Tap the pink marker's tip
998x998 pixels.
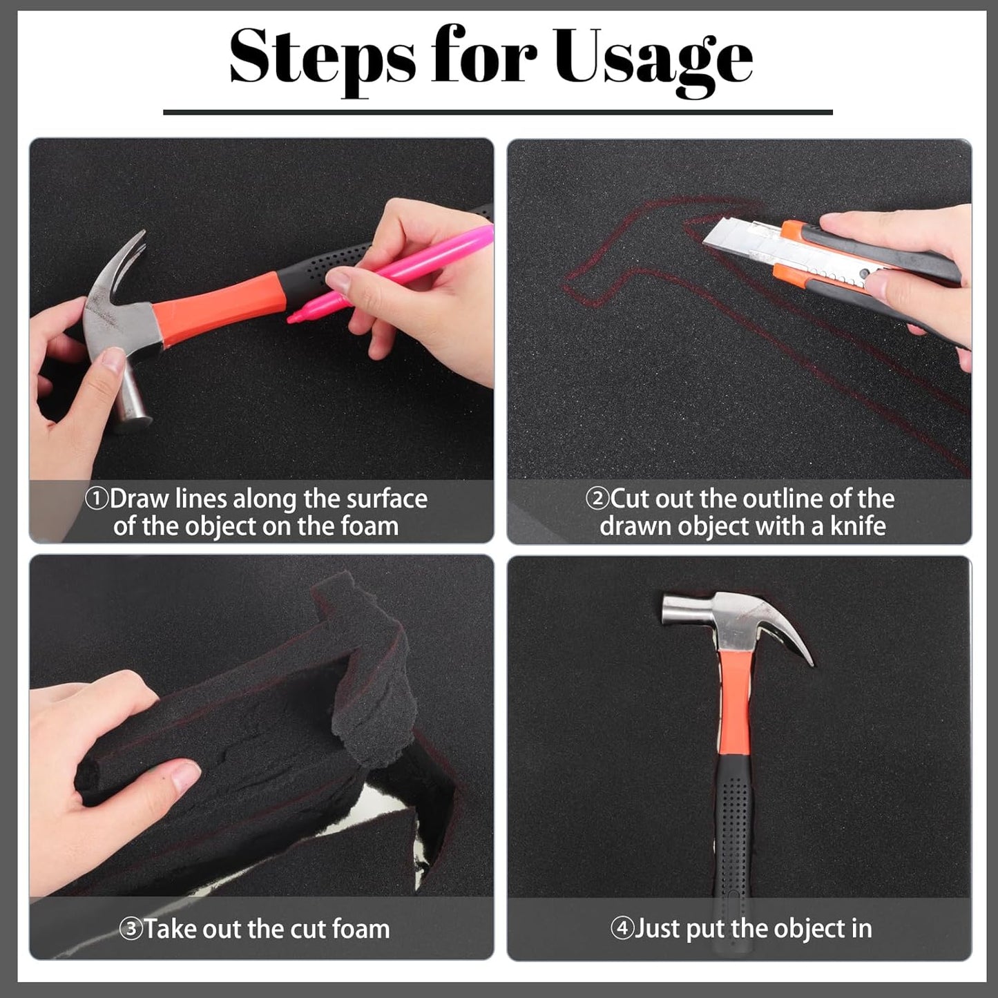pos(291,320)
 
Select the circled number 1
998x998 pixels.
pos(96,499)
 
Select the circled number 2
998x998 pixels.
pos(597,499)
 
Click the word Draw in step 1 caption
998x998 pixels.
pos(139,499)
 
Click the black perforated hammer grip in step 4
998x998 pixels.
pos(732,850)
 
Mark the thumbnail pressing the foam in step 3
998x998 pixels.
pos(184,776)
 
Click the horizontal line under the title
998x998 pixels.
pos(498,112)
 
